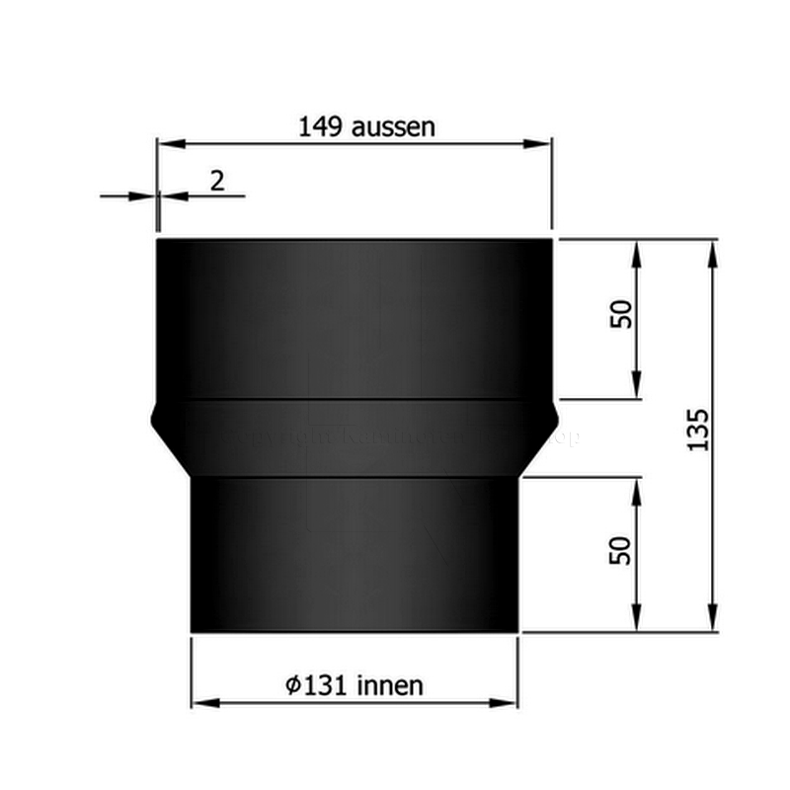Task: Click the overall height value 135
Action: [x=698, y=429]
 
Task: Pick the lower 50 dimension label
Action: [x=620, y=550]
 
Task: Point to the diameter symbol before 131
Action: [x=292, y=685]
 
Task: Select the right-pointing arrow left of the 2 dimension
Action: [x=144, y=197]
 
